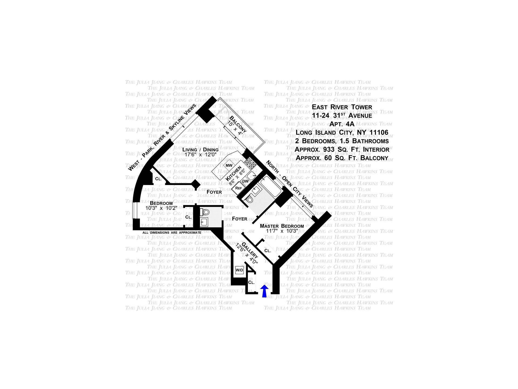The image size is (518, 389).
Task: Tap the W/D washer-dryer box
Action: click(239, 270)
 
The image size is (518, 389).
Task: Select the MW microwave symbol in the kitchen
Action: click(229, 165)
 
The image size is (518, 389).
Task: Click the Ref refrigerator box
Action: click(238, 188)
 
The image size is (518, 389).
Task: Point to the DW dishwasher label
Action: click(245, 181)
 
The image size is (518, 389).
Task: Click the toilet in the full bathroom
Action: click(250, 200)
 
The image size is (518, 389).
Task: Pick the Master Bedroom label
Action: click(282, 226)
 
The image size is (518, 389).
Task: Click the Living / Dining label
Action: click(200, 150)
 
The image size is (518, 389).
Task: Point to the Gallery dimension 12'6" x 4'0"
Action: click(247, 254)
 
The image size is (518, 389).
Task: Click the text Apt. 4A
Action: click(342, 124)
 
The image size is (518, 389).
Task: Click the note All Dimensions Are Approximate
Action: click(172, 233)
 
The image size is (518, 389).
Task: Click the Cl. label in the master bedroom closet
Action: click(267, 251)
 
